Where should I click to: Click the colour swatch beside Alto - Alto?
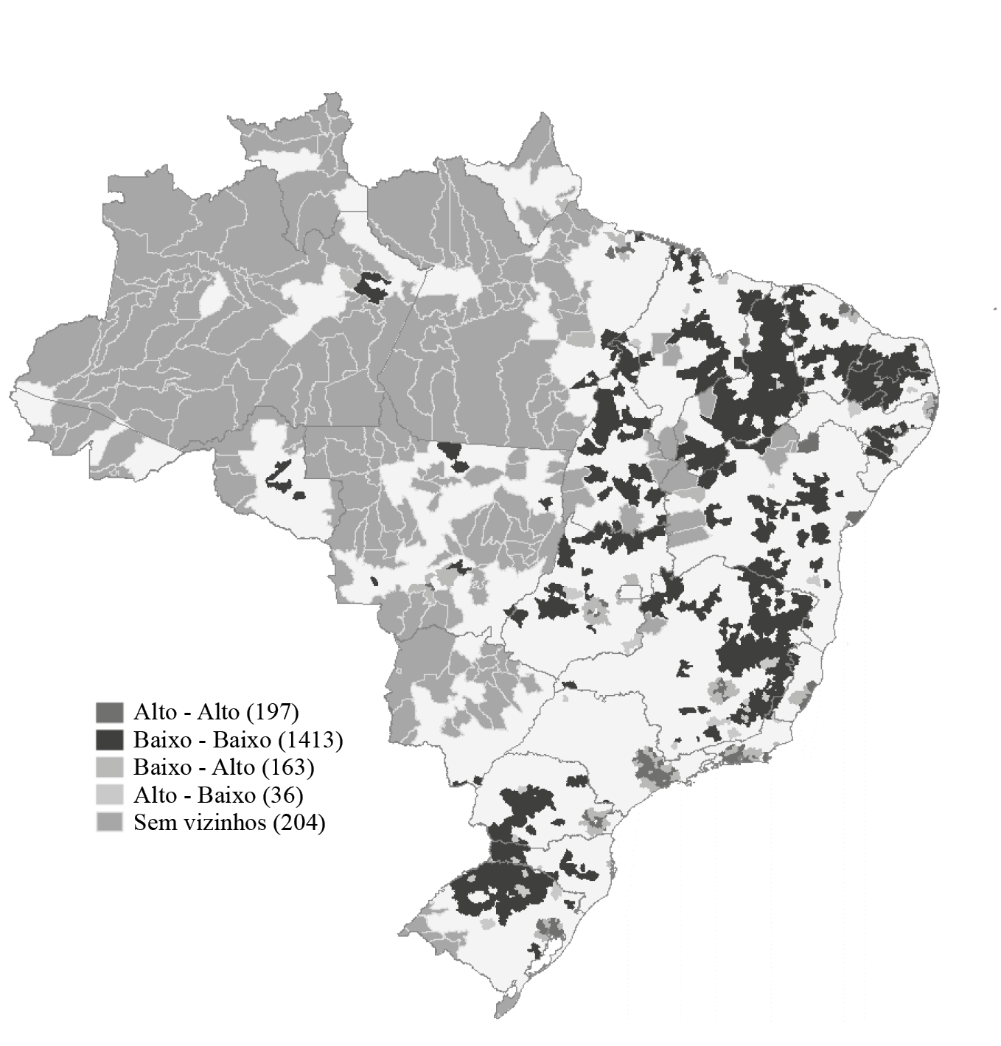109,712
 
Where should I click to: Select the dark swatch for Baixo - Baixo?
109,739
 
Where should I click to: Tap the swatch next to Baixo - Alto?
109,767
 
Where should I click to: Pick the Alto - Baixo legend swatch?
109,795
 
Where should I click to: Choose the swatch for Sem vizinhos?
109,823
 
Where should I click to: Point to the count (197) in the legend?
272,712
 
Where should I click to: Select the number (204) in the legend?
299,823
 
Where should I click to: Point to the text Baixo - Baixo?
202,739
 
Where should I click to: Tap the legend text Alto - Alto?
186,712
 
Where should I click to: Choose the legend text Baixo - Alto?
193,767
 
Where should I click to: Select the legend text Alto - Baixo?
193,795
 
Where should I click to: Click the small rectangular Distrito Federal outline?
630,591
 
